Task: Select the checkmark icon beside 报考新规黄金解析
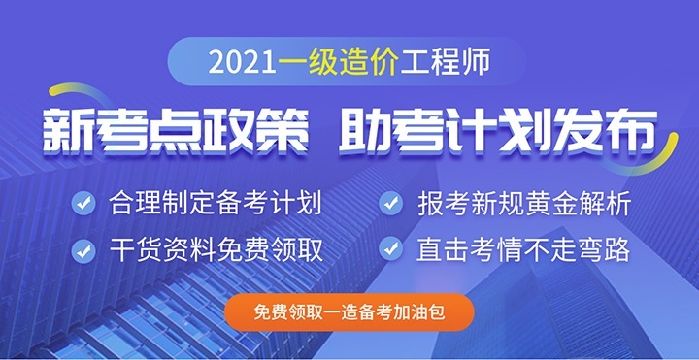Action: point(390,204)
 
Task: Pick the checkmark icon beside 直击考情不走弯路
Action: point(390,249)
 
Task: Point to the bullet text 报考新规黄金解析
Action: point(524,205)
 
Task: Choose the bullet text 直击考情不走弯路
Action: point(524,250)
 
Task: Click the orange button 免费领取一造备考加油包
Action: point(349,312)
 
